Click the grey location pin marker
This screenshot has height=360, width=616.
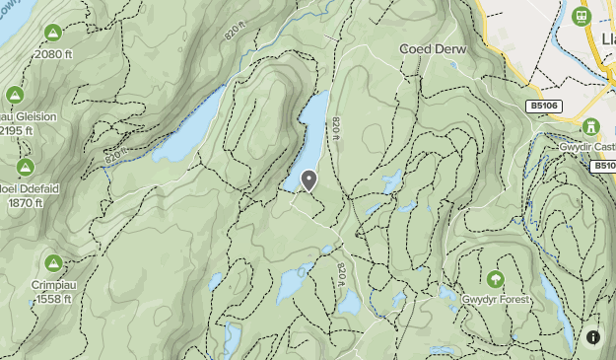pos(309,180)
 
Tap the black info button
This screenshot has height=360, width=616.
pos(593,336)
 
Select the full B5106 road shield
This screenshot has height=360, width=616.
pos(544,106)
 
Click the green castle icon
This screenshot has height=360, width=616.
pos(591,127)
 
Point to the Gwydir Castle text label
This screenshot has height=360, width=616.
pos(587,147)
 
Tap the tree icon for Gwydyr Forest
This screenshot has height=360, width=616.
pos(493,279)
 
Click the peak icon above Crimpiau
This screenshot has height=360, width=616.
pos(53,262)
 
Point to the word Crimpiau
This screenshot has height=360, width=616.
pos(54,282)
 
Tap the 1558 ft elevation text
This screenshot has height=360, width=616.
pos(54,297)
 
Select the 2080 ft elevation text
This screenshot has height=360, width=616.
pos(54,54)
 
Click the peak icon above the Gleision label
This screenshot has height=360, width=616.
pos(14,96)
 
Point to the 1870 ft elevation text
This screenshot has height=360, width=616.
pos(27,202)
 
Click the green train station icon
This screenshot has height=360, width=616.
pos(582,17)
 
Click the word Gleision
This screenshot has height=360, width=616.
pos(34,116)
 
